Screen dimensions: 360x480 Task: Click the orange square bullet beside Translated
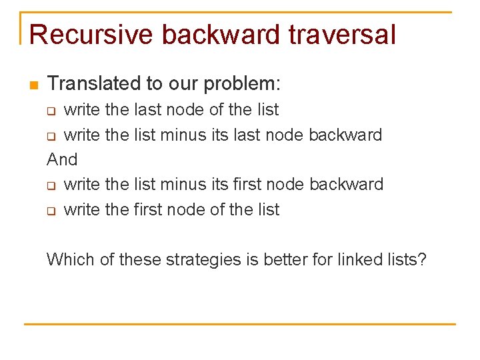tap(33, 85)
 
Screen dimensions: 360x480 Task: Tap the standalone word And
tap(62, 159)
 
